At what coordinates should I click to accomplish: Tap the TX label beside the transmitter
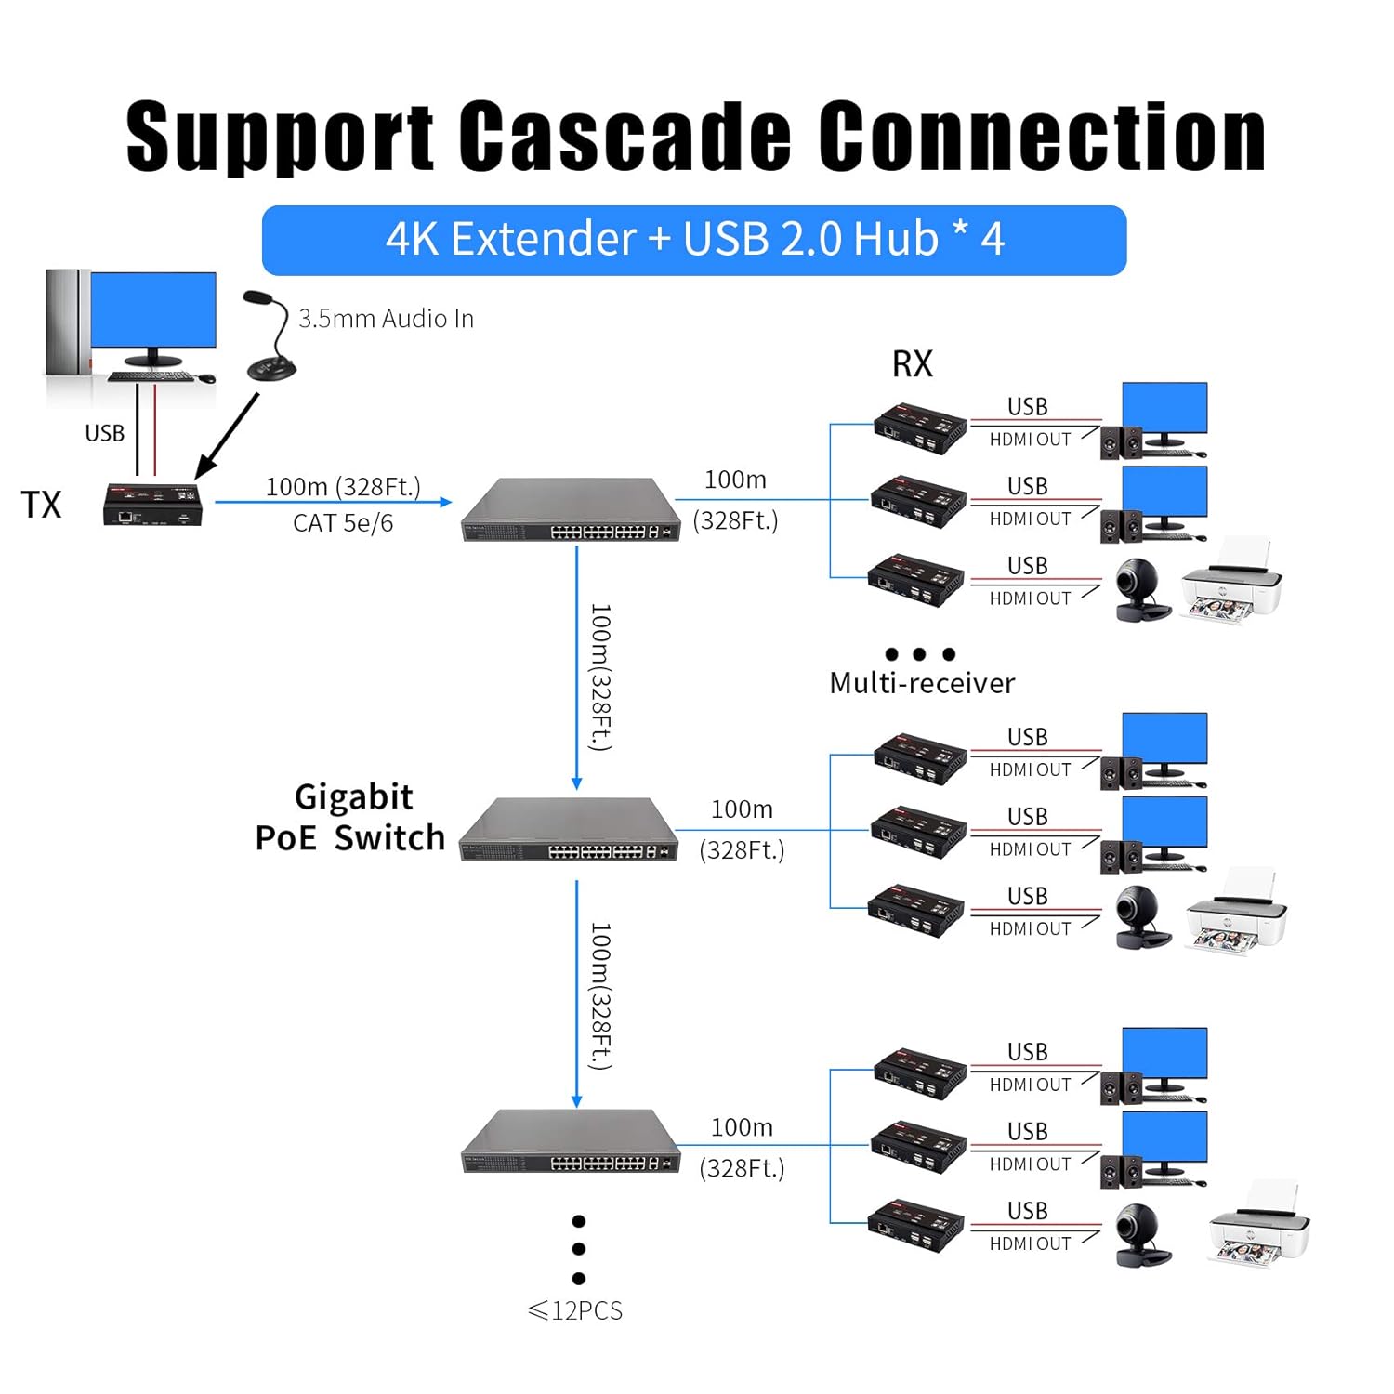click(41, 505)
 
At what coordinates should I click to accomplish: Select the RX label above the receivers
click(912, 363)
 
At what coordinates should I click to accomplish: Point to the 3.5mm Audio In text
click(386, 319)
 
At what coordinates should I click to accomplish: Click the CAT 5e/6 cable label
click(343, 523)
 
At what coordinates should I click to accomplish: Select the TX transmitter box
click(152, 506)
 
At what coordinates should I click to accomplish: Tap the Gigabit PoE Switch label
click(351, 818)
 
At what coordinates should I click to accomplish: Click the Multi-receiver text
click(922, 684)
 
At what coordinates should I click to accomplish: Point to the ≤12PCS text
click(575, 1310)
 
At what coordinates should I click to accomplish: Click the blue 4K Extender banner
click(693, 240)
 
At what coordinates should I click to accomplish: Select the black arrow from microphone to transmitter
click(227, 436)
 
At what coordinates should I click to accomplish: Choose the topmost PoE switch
click(571, 510)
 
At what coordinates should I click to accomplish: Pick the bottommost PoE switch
click(571, 1142)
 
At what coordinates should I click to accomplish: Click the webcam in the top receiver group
click(1140, 589)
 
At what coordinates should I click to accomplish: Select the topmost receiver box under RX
click(920, 427)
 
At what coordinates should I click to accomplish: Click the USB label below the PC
click(104, 433)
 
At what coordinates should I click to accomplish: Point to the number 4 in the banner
click(993, 240)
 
